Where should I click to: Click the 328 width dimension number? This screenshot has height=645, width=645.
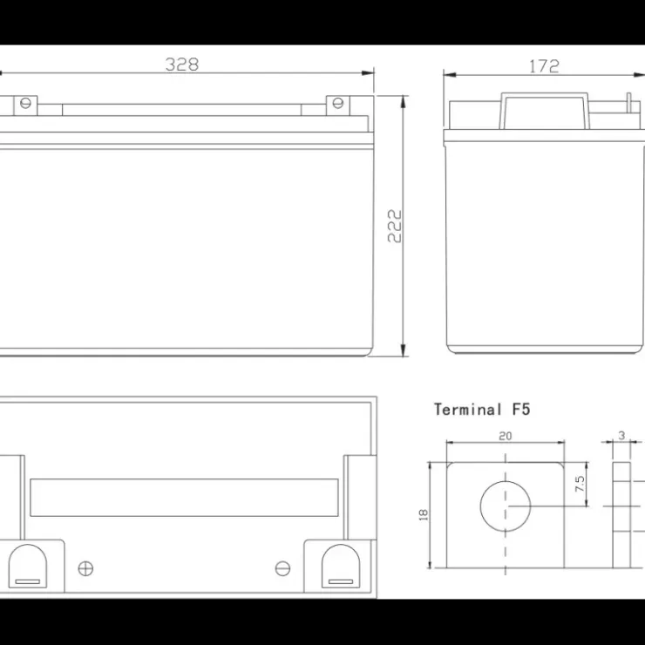click(182, 64)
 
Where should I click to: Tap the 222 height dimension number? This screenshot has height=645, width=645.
click(395, 226)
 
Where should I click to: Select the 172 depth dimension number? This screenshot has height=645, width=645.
click(544, 66)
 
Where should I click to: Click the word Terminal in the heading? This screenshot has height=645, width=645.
click(468, 410)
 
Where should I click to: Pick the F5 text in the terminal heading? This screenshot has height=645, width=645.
click(521, 410)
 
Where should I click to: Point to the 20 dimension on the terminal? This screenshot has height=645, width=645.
click(506, 436)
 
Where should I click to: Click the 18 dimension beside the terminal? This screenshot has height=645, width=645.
click(424, 515)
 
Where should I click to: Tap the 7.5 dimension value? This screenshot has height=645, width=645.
click(580, 484)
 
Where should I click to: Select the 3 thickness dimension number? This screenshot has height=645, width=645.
click(621, 435)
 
